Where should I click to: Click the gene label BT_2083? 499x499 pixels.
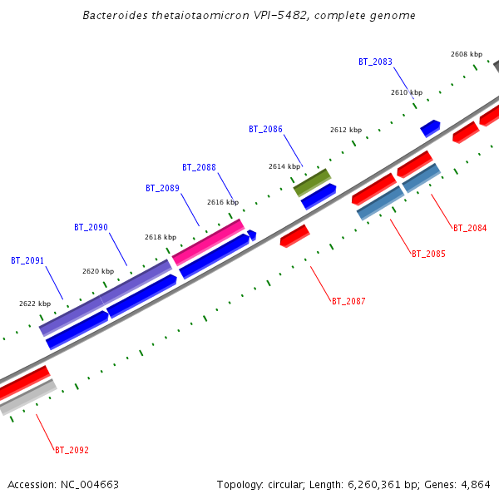pos(375,62)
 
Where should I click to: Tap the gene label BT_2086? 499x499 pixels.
pos(265,129)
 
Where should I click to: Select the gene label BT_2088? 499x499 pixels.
pos(199,167)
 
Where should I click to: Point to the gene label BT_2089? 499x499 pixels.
pos(162,188)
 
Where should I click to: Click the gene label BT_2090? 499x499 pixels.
pos(91,227)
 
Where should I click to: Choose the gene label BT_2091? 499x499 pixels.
pos(27,260)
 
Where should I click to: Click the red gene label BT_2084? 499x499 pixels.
pos(470,228)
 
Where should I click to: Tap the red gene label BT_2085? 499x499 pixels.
pos(428,254)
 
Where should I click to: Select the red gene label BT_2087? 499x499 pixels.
pos(348,301)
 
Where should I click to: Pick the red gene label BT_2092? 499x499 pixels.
pos(72,450)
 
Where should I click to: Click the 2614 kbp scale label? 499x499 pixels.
pos(284,166)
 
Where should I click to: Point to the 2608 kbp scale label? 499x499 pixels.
pos(467,54)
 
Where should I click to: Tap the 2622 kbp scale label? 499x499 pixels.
pos(35,304)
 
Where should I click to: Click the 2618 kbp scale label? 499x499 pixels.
pos(161,237)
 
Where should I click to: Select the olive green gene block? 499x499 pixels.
pos(312,182)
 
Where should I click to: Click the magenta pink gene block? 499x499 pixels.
pos(208,242)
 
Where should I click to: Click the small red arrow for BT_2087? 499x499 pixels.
pos(294,235)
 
